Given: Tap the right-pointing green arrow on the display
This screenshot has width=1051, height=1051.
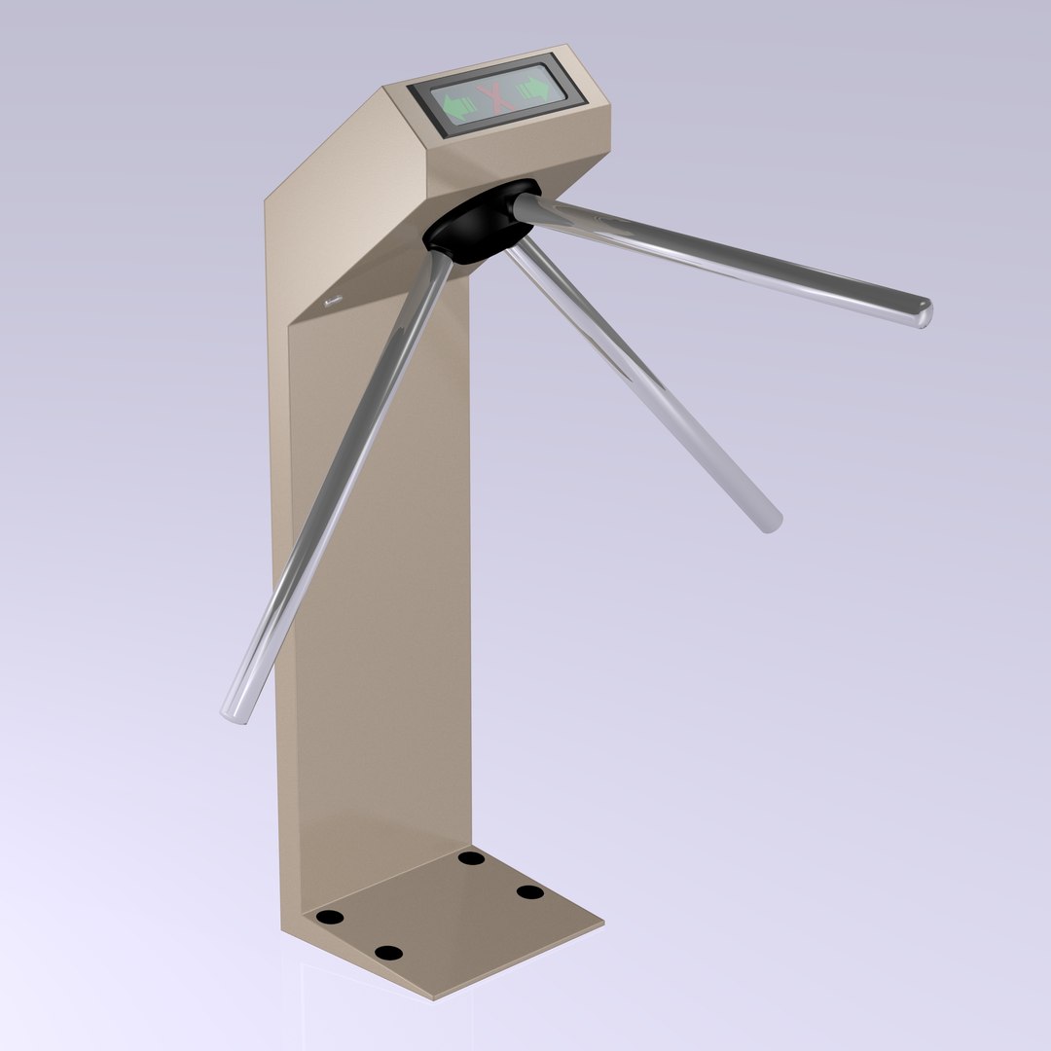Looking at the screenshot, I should (x=533, y=88).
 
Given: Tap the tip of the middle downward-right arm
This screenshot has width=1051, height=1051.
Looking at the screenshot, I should (x=771, y=522).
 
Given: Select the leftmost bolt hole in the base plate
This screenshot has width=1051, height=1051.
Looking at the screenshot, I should (x=331, y=917).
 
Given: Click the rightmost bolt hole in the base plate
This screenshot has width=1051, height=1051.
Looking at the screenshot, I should (x=529, y=891).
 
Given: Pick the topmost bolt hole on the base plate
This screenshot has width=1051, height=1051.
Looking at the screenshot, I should (x=472, y=857).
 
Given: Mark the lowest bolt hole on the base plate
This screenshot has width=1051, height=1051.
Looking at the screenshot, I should (x=388, y=953).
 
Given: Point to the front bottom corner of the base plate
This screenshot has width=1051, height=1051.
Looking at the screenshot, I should (x=434, y=997).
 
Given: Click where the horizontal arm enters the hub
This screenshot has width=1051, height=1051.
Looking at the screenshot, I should (x=525, y=206).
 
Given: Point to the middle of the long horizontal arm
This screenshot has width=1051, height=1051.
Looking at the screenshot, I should (x=725, y=259).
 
